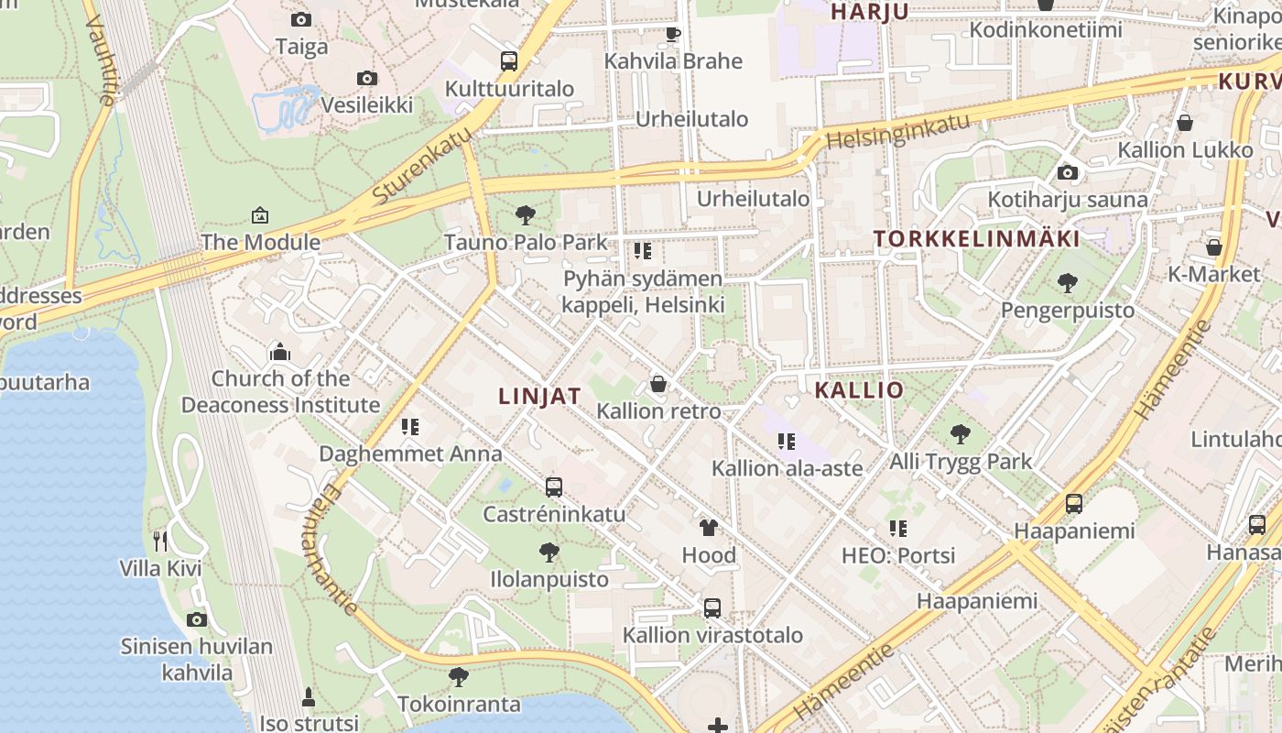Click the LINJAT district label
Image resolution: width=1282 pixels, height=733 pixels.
coord(539,396)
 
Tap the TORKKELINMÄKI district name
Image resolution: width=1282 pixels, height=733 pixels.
coord(976,239)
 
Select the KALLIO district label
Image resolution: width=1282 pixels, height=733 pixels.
coord(859,389)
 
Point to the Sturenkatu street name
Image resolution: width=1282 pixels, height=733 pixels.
coord(422,165)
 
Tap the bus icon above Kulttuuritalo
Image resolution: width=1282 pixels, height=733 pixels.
coord(509,61)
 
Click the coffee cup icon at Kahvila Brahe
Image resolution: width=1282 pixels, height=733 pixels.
coord(673,35)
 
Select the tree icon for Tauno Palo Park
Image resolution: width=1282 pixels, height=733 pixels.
coord(526,215)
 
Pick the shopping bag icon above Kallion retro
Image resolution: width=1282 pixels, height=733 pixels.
coord(658,384)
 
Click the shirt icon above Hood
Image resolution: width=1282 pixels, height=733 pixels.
coord(709,528)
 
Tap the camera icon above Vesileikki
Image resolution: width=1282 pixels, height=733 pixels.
coord(367,78)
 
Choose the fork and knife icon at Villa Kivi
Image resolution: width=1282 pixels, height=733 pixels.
coord(160,542)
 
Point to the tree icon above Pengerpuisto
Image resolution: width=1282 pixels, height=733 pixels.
coord(1067,282)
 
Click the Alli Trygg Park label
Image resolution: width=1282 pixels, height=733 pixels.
coord(961,461)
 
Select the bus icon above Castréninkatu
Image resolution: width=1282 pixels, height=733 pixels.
coord(554,487)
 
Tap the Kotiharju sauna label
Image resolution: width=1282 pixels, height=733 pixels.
coord(1067,199)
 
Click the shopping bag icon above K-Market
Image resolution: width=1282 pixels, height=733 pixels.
coord(1214,247)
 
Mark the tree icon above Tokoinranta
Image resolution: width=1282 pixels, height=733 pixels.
coord(459,677)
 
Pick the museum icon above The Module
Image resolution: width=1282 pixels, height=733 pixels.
coord(260,215)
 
